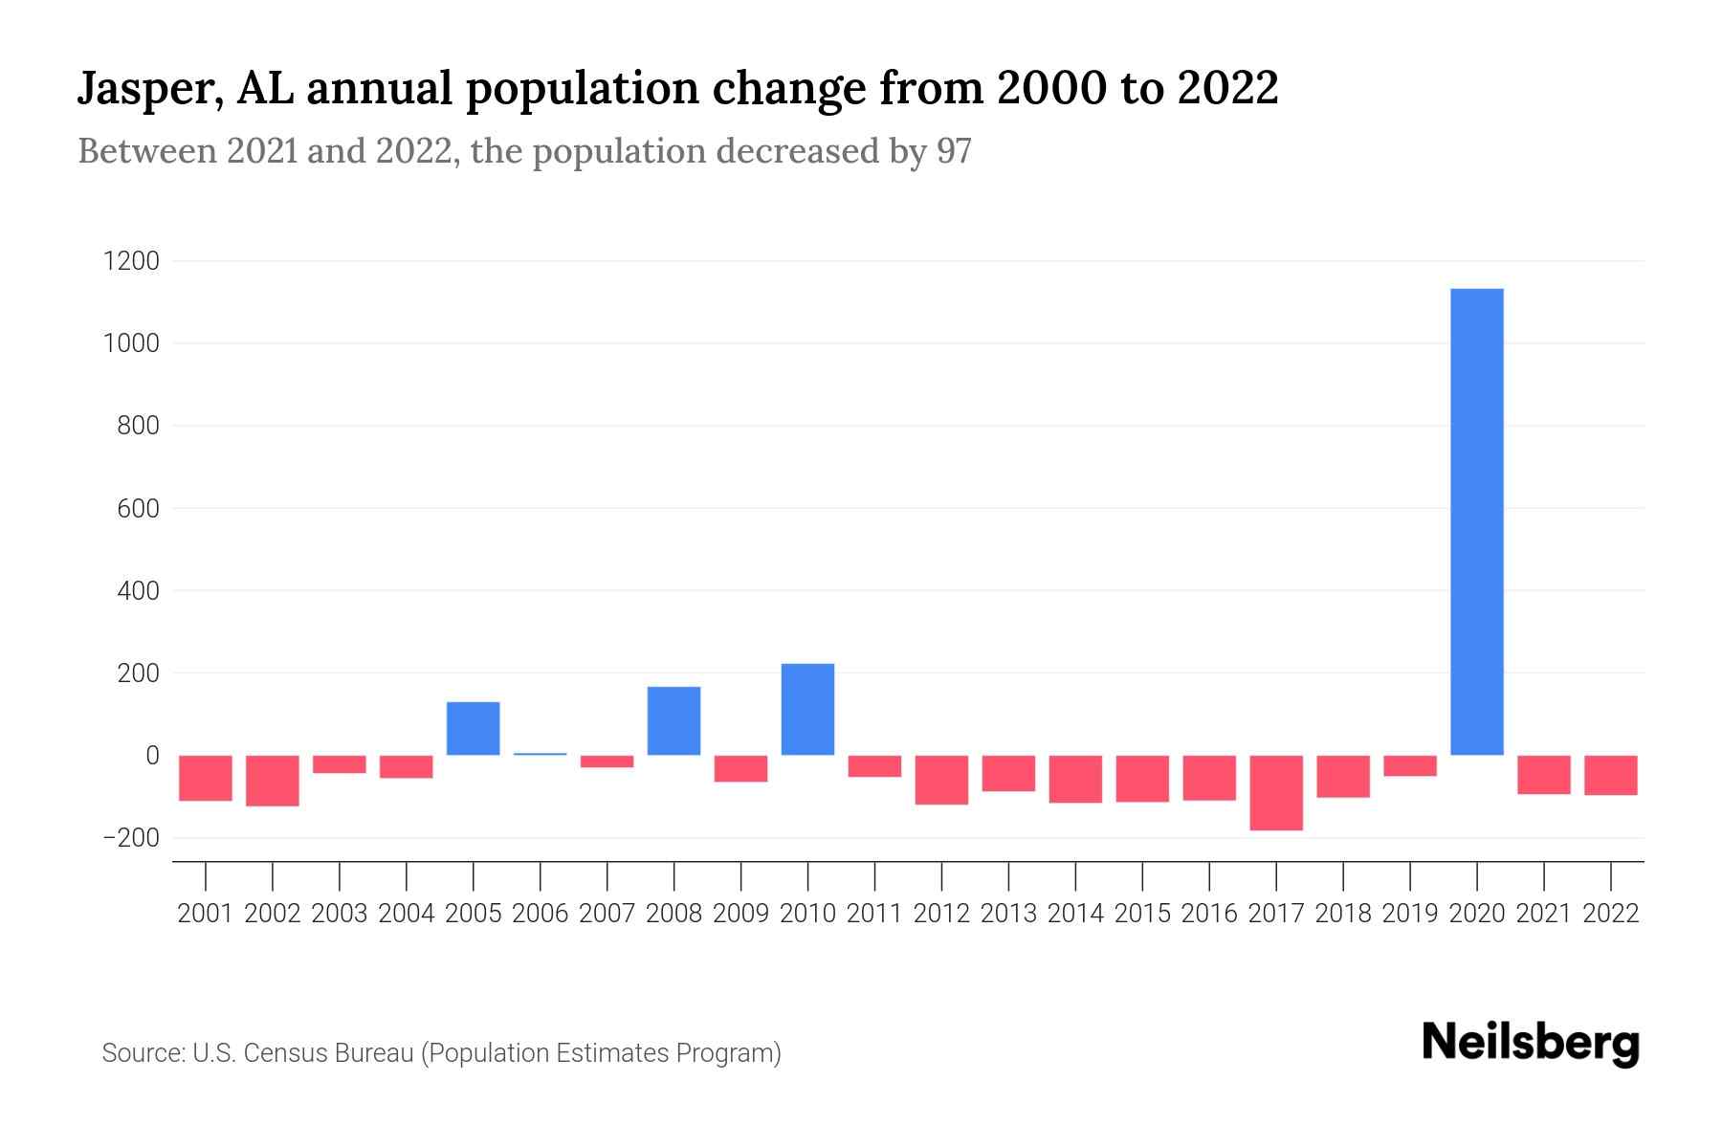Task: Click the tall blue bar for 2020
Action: click(1476, 521)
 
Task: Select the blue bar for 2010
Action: click(807, 709)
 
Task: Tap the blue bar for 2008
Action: click(673, 720)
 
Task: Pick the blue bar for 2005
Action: click(473, 728)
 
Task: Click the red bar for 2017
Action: click(1275, 792)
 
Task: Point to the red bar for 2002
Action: click(273, 781)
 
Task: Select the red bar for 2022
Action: click(1610, 775)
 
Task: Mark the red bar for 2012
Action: click(941, 780)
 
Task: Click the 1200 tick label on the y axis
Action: click(131, 261)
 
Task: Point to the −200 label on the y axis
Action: click(131, 838)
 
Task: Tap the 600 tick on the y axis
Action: click(138, 508)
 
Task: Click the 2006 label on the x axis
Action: click(540, 914)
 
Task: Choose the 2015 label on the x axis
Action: click(1142, 914)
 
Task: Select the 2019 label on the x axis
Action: click(1409, 914)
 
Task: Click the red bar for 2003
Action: click(340, 764)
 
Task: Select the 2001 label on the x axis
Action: click(206, 914)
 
